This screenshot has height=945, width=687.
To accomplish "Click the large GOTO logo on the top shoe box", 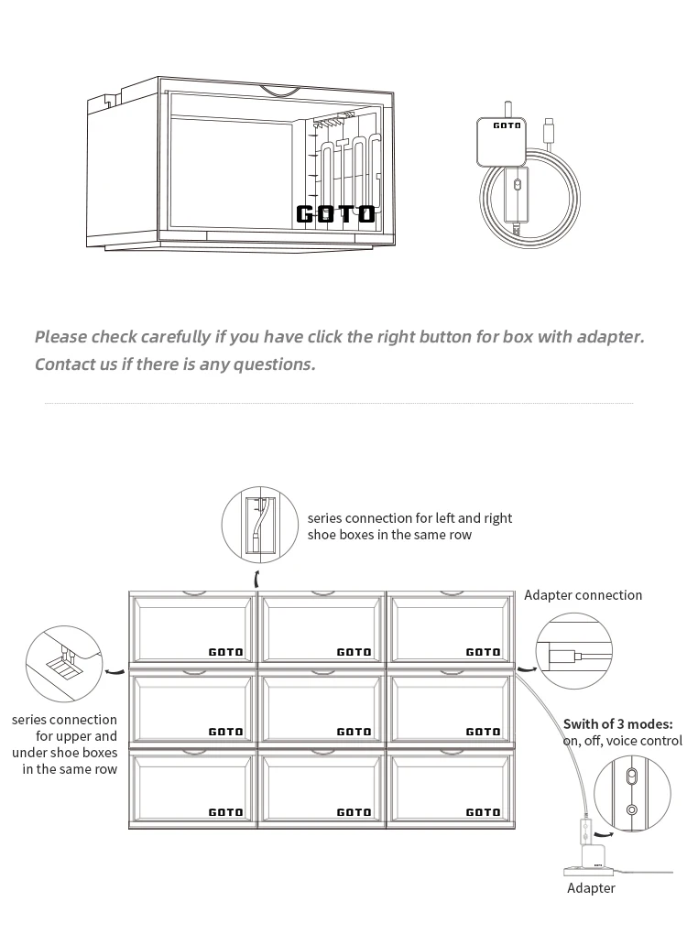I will tap(335, 214).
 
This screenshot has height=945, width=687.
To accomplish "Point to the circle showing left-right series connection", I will tap(260, 527).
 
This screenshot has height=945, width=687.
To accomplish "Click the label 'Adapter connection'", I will tap(583, 595).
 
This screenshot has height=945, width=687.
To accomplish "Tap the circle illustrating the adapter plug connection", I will tap(573, 651).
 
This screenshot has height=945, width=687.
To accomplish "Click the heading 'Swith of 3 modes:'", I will tap(617, 724).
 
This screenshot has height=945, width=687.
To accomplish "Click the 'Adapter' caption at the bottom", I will tap(591, 887).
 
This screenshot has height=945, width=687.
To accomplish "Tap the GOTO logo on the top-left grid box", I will tap(226, 652).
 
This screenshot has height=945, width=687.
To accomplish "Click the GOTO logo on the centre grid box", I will tap(354, 732).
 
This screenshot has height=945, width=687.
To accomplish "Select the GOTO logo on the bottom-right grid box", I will tap(483, 812).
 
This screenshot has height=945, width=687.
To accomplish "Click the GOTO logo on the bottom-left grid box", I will tap(226, 812).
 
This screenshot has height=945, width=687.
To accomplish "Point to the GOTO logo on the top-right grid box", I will tap(483, 652).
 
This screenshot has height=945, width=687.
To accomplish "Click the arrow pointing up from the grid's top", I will tap(257, 579).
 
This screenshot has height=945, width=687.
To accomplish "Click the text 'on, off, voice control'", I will tap(622, 741).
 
